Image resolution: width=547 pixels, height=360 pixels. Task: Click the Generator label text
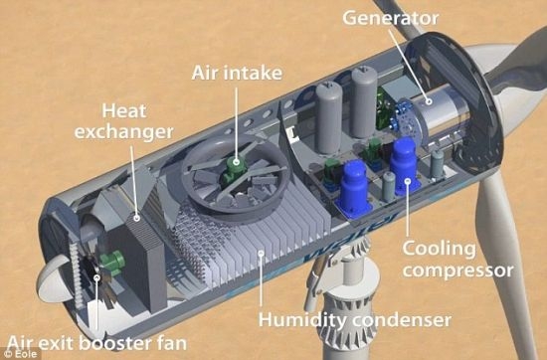[x=390, y=18]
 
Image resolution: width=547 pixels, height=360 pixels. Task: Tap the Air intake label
[x=237, y=73]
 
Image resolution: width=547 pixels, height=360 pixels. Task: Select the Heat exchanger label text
[x=124, y=121]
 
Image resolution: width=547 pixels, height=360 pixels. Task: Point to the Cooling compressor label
[x=457, y=260]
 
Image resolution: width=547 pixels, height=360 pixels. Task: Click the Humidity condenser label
[x=355, y=319]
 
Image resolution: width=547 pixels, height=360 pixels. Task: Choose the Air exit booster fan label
[x=96, y=343]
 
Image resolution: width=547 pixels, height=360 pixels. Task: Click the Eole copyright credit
[x=20, y=354]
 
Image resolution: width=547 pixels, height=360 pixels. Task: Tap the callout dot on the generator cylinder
[x=429, y=101]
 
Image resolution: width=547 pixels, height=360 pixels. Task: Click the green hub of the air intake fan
[x=233, y=168]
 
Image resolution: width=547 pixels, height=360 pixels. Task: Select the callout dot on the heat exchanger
[x=137, y=219]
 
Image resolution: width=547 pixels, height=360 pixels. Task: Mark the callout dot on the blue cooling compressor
[x=408, y=181]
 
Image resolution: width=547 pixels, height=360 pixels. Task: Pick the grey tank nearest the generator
[x=364, y=102]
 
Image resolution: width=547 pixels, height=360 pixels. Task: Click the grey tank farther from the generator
[x=329, y=117]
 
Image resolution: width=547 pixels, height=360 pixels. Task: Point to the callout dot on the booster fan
[x=97, y=277]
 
